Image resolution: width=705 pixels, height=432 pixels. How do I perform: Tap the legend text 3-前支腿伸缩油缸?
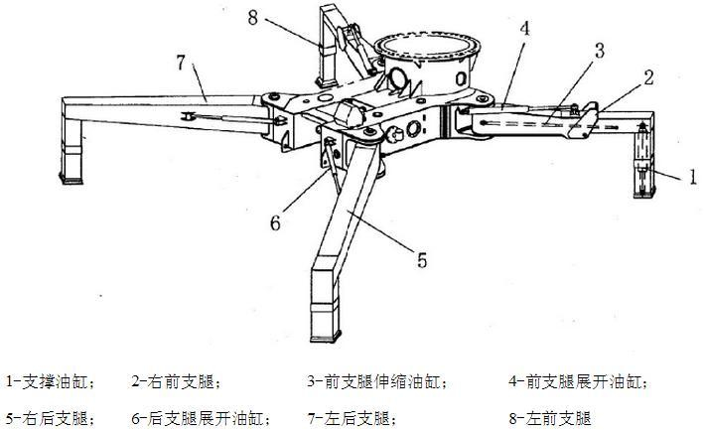click(x=377, y=380)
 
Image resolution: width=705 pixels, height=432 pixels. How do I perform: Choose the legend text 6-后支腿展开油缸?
click(x=200, y=418)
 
